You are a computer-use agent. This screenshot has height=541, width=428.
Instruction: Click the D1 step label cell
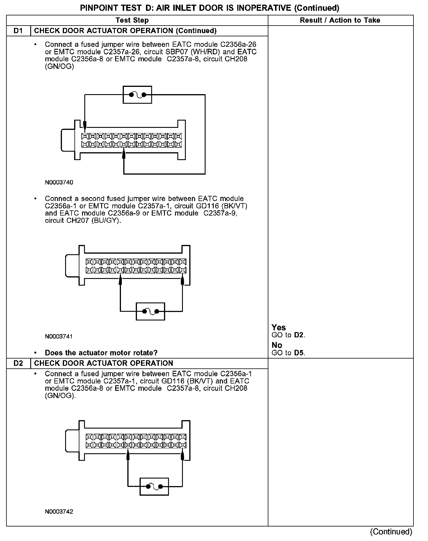tap(18, 31)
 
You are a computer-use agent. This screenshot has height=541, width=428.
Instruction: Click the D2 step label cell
tap(18, 363)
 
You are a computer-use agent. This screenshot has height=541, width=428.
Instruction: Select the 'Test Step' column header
tap(132, 20)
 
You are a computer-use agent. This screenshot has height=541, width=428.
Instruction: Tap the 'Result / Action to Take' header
tap(340, 20)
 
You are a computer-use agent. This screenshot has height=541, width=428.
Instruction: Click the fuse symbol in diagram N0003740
tap(137, 95)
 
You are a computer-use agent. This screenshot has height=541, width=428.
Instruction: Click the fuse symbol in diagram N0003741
tap(150, 311)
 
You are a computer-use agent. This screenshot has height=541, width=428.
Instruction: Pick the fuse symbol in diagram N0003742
tap(154, 486)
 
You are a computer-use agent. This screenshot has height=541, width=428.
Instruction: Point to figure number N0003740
tap(59, 182)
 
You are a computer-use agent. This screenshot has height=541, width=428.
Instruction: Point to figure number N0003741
tap(59, 336)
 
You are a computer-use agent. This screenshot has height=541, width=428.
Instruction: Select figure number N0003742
tap(59, 512)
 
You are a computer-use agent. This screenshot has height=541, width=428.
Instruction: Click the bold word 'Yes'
tap(279, 327)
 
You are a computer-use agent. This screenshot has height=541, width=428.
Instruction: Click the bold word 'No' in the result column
tap(277, 345)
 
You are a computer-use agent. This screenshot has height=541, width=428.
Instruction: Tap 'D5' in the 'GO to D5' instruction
tap(299, 353)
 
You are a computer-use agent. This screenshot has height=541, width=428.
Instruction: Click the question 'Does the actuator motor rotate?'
tap(101, 353)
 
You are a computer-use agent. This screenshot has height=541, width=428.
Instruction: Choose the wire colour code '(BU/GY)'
tap(106, 221)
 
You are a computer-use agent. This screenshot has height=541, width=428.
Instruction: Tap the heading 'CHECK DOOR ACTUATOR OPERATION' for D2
tap(104, 363)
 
